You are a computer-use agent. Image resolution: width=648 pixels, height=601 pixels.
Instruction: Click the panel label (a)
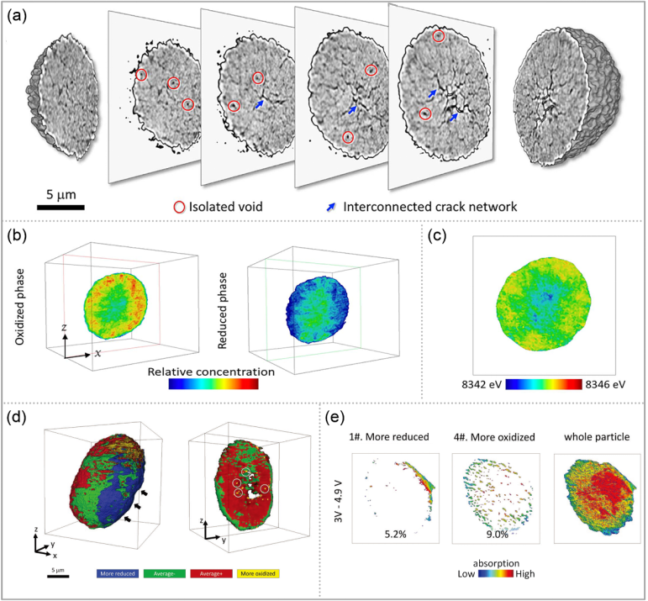[x=18, y=16]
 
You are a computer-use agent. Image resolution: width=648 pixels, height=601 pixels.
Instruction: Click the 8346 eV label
[x=607, y=384]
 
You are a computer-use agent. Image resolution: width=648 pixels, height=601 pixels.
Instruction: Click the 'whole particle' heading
[x=587, y=436]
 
